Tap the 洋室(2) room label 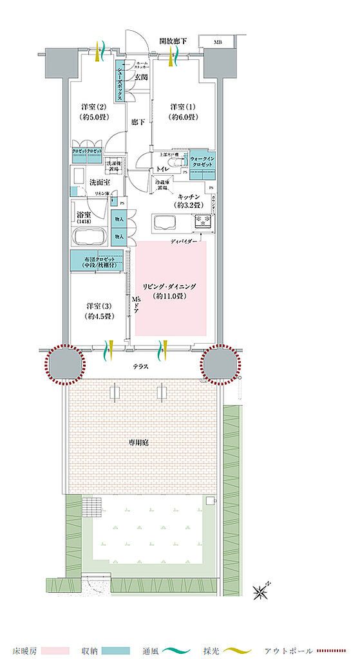(94, 111)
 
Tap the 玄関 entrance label (141, 78)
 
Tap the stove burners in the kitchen (203, 221)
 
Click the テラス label (142, 366)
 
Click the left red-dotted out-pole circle (64, 364)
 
